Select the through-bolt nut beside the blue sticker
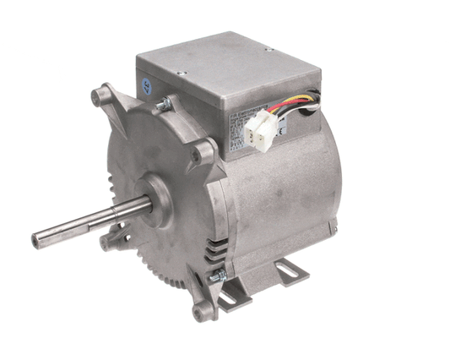(x=163, y=104)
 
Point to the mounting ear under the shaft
(x=108, y=243)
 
